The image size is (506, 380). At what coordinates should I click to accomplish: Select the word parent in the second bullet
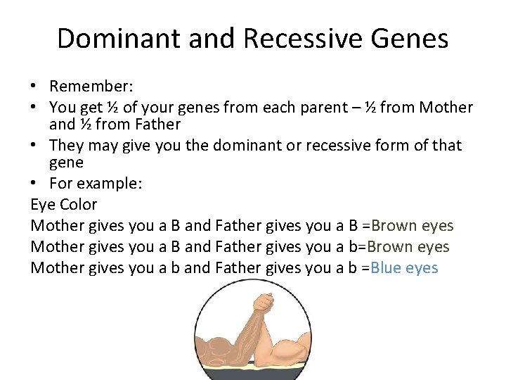328,108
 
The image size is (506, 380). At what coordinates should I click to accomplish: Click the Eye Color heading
64,205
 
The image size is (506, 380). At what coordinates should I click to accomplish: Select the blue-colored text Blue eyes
404,268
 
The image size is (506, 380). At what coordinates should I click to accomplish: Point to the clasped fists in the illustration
262,305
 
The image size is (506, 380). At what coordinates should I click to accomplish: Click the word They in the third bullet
66,146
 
